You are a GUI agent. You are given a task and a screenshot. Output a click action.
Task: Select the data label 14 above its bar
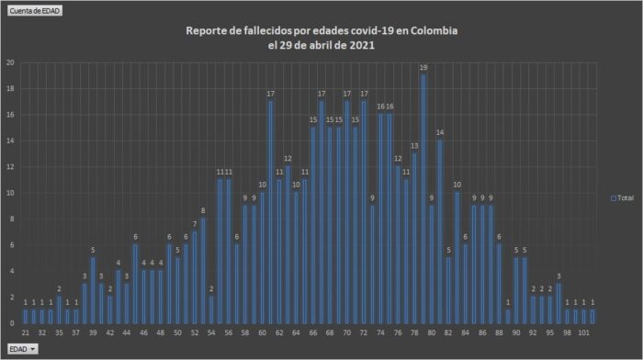point(440,133)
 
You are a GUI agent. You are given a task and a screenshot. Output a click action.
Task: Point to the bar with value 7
point(195,278)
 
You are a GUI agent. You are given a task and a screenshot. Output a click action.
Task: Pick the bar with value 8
point(203,272)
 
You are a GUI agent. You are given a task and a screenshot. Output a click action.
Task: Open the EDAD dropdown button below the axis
point(23,349)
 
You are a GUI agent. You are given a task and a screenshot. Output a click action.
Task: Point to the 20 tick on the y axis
point(9,62)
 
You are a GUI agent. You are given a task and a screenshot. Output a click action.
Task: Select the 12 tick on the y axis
point(9,167)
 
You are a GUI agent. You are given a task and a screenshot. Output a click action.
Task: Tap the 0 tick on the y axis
point(10,324)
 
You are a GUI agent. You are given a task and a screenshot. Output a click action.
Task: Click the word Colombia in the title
point(431,31)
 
